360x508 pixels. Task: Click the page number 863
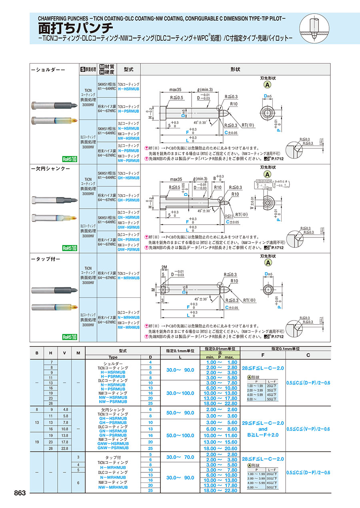coord(20,493)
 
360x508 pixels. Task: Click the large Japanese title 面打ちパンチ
coord(76,28)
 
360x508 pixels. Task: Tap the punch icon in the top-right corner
coord(315,26)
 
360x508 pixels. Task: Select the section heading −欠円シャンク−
coord(51,169)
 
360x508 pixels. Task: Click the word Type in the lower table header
coord(113,357)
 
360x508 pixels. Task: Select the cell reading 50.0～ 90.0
coord(180,412)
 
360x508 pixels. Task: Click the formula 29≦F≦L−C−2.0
coord(263,423)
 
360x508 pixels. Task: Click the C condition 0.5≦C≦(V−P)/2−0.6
coord(308,429)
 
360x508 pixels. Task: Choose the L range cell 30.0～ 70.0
coord(180,457)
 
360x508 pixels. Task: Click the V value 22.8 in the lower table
coord(65,448)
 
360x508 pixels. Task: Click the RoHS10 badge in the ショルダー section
coord(69,159)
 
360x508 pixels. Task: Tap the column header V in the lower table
coord(65,353)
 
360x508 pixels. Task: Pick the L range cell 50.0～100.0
coord(180,435)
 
